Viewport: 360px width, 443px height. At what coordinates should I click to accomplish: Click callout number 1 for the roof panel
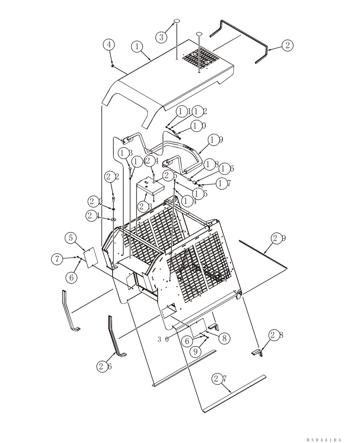tap(137, 46)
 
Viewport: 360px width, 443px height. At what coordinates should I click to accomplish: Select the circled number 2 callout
tap(287, 45)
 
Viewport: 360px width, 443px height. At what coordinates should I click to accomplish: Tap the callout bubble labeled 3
tap(162, 37)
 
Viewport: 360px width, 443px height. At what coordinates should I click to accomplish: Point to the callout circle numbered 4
tap(109, 44)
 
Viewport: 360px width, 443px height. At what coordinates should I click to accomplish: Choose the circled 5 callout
tap(70, 237)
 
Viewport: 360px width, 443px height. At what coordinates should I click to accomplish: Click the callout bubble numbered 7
tap(57, 259)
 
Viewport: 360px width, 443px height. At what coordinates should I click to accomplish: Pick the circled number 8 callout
tap(225, 338)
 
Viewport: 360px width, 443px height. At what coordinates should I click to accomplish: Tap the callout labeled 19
tap(215, 140)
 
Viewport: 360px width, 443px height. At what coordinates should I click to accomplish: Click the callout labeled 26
tap(103, 366)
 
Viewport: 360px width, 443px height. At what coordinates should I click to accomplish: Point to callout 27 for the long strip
tap(218, 379)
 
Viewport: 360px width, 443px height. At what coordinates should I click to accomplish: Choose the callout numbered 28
tap(277, 335)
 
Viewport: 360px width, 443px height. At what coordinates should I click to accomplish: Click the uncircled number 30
tap(162, 340)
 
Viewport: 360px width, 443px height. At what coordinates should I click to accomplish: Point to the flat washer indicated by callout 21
tap(113, 219)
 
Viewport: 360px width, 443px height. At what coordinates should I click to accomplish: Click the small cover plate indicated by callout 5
tap(90, 257)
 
